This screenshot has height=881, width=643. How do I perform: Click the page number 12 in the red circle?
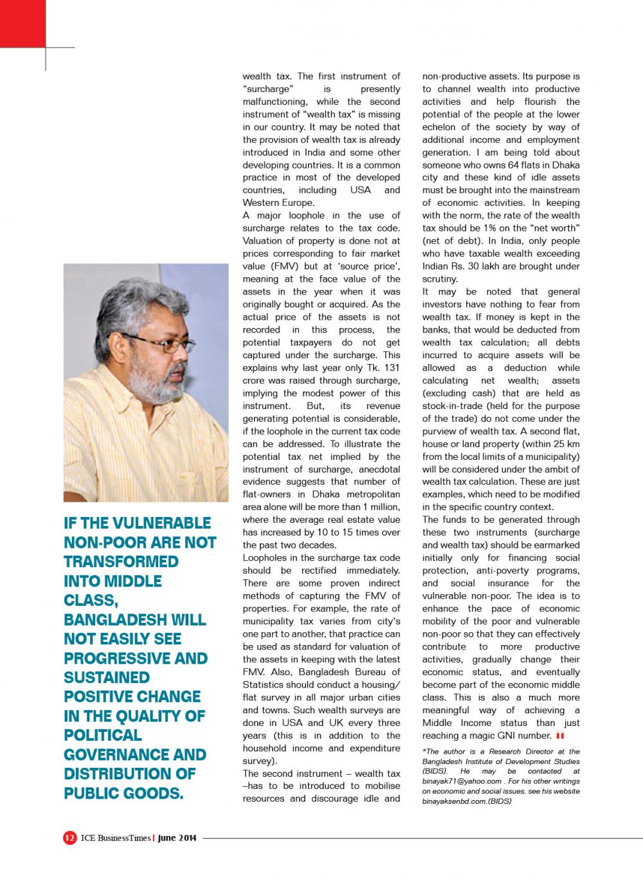[x=69, y=838]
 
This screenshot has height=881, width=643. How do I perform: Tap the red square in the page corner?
[x=22, y=23]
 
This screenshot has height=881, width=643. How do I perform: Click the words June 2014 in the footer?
[x=177, y=838]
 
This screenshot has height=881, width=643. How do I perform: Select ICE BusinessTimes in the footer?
[x=115, y=838]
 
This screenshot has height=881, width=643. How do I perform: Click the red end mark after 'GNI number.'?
[x=561, y=736]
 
